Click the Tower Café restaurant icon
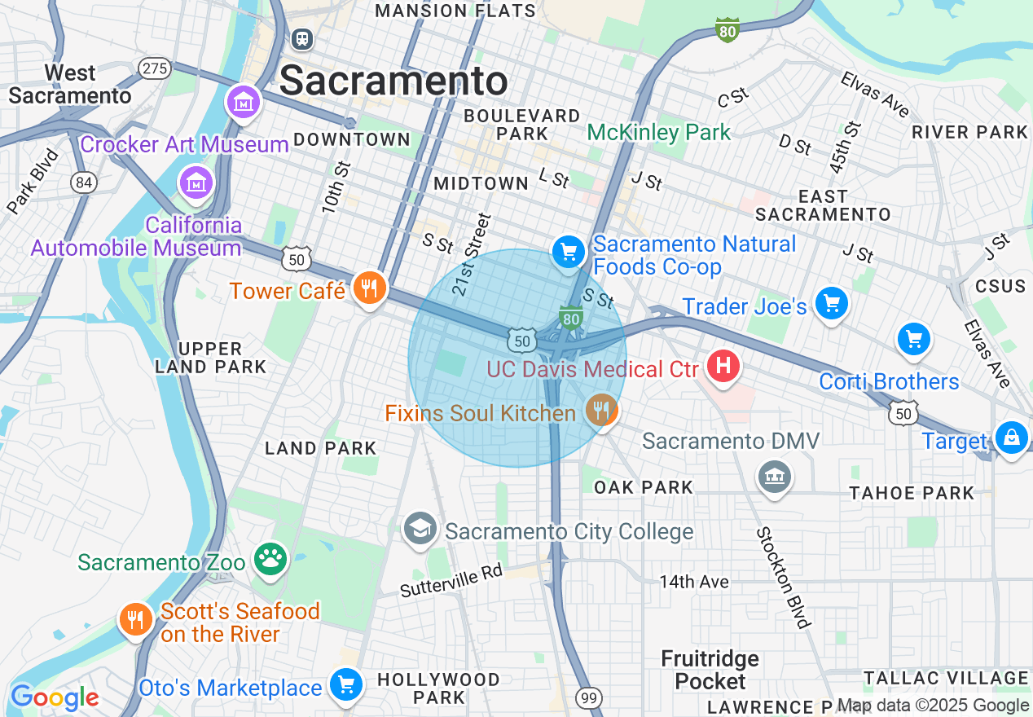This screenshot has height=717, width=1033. [x=369, y=288]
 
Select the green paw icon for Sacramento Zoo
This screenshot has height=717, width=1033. [x=270, y=559]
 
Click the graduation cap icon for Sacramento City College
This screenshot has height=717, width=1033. [x=420, y=529]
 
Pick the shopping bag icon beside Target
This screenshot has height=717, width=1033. [x=1011, y=438]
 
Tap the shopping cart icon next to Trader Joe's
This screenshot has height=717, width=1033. [x=831, y=304]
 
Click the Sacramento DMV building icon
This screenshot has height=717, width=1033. [x=773, y=475]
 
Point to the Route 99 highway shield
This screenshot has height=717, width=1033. [x=588, y=697]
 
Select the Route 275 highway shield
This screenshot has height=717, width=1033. [x=154, y=68]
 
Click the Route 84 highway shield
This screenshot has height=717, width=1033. [x=83, y=183]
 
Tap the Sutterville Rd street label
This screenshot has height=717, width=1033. [x=451, y=580]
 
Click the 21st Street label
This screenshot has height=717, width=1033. [x=473, y=243]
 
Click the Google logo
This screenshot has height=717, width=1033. [x=55, y=697]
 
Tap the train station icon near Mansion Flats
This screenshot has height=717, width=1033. [x=302, y=38]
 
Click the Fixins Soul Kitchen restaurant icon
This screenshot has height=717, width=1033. [x=601, y=411]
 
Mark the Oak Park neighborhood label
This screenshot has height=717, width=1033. [x=644, y=487]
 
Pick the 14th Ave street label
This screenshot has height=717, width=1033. [x=694, y=582]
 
